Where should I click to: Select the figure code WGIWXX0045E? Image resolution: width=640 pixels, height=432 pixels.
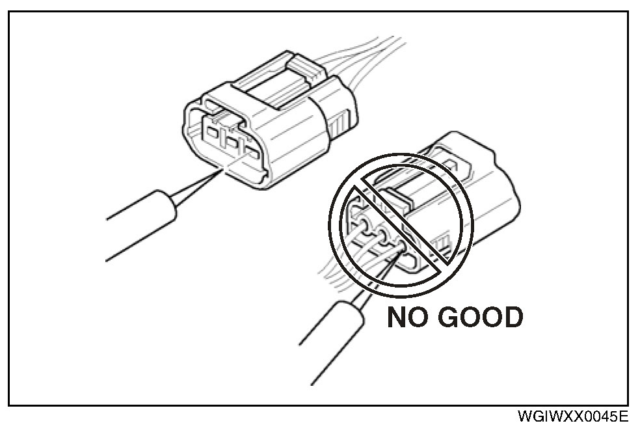pos(574,416)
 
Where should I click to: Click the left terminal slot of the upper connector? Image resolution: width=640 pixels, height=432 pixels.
pos(211,133)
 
